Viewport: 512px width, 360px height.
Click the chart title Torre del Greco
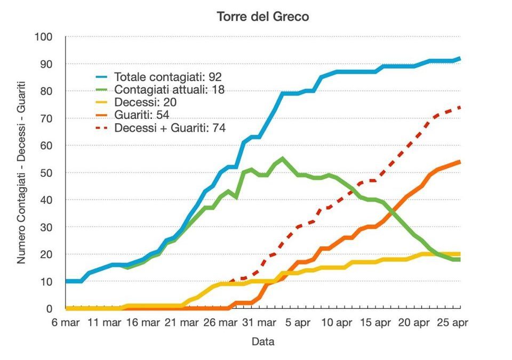coord(263,17)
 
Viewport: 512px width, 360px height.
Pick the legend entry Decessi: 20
coord(145,102)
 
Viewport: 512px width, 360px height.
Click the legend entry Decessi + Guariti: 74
coord(170,127)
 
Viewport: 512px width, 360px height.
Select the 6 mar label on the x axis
coord(66,323)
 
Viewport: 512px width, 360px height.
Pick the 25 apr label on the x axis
coord(452,323)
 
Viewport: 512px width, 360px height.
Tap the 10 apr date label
coord(337,323)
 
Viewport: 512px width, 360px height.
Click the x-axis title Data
coord(263,341)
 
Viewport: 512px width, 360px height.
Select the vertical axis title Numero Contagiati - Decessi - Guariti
coord(22,173)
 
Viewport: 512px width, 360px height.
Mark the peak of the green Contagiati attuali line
coord(282,158)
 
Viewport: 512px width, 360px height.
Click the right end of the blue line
coord(460,59)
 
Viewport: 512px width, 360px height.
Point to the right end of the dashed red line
coord(460,107)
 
